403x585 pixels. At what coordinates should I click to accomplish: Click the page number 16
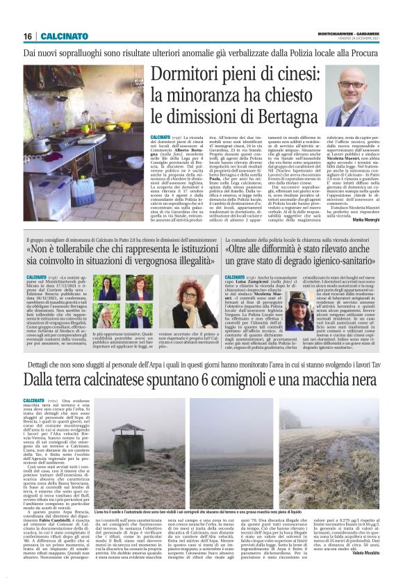(28, 36)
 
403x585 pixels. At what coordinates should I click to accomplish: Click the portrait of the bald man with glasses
(352, 95)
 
